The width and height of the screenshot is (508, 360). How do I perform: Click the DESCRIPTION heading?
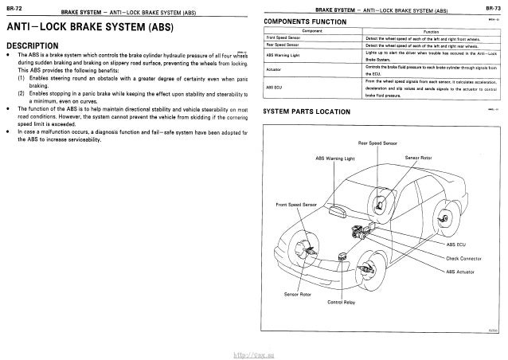tap(37, 45)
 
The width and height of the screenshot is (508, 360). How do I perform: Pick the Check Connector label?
tap(465, 257)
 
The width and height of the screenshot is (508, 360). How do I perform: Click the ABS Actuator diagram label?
tap(460, 272)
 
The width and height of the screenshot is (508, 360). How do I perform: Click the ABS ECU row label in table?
tap(274, 86)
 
